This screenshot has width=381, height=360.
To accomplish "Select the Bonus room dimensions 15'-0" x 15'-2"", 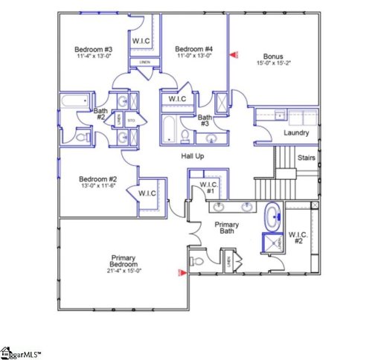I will [273, 64].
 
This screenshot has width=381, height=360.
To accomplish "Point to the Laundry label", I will [297, 133].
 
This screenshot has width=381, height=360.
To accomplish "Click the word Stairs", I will [306, 158].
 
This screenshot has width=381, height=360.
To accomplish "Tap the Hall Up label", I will [193, 155].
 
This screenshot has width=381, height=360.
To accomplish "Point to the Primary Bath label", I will [225, 228].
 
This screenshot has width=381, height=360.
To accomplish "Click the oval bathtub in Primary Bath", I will [273, 218].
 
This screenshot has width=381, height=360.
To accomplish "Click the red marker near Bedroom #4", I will [236, 54].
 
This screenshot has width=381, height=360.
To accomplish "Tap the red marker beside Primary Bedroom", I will [179, 273].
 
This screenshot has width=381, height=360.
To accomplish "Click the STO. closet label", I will [131, 120].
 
